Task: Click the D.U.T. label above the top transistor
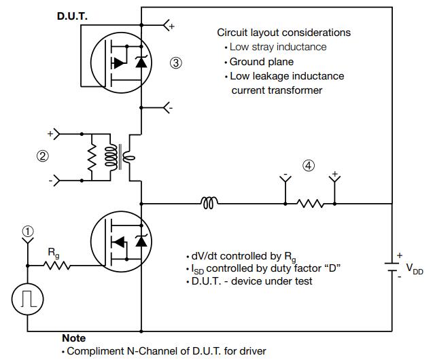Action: click(x=72, y=16)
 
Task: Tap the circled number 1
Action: click(x=28, y=232)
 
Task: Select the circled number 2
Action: click(x=43, y=156)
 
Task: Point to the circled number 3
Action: click(x=175, y=63)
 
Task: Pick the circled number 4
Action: click(x=309, y=166)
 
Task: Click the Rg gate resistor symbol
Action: click(x=57, y=266)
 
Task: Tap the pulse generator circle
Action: click(x=28, y=300)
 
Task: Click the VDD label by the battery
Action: click(x=415, y=268)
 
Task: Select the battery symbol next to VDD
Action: click(x=392, y=267)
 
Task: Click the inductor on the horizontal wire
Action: click(x=209, y=203)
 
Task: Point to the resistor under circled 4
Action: click(x=310, y=204)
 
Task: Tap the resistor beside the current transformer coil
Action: click(x=92, y=157)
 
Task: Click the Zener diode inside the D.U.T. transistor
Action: click(x=141, y=62)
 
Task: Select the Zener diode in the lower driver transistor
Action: click(x=141, y=241)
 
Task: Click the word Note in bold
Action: click(x=73, y=338)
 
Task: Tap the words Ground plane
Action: click(x=261, y=62)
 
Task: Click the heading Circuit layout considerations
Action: click(x=283, y=33)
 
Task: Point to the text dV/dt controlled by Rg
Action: click(x=244, y=257)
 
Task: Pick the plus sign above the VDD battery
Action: click(x=399, y=255)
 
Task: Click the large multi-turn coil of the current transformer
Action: click(x=111, y=156)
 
